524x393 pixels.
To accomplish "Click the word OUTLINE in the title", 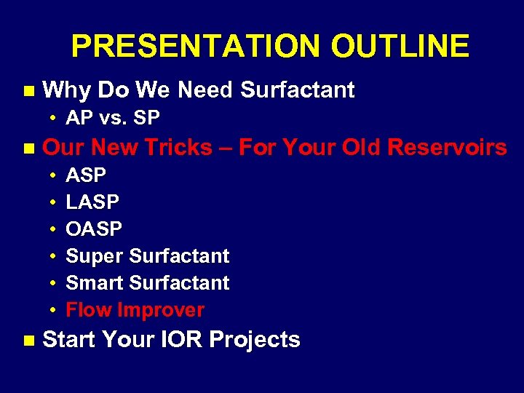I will coord(400,47).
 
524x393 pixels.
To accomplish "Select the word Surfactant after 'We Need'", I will coord(297,90).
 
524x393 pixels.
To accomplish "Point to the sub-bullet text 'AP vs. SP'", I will coord(113,118).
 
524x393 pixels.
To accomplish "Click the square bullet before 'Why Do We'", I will coord(28,91).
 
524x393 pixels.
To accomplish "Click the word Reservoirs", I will coord(447,148).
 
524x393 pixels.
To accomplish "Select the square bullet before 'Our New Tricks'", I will coord(28,148).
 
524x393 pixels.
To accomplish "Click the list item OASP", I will coord(94,229).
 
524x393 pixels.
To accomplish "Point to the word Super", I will coord(95,256).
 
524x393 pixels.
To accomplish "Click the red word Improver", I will coord(161,310).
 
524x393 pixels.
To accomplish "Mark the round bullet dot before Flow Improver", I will coord(54,311).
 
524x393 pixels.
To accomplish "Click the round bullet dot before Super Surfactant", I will coord(54,257).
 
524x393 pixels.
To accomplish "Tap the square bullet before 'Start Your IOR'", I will coord(28,341).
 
